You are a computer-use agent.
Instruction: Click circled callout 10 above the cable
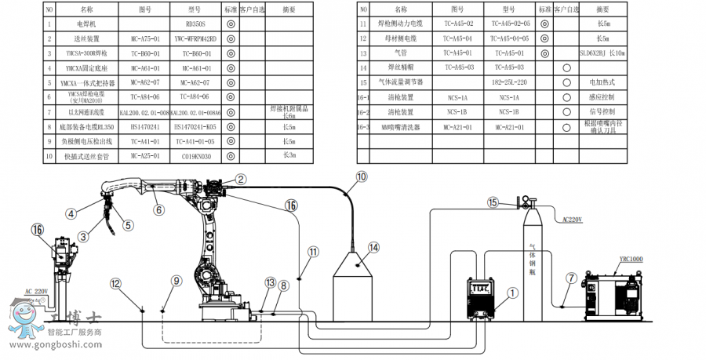361,177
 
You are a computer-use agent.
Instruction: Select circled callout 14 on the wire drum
373,248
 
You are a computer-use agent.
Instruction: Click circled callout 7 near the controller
570,278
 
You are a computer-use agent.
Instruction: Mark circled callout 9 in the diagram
176,280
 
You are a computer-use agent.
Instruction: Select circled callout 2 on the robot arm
240,180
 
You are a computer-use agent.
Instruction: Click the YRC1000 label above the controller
630,259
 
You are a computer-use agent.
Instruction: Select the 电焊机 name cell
86,24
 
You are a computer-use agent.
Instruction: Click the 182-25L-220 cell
510,82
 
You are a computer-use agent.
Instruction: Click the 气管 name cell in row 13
400,53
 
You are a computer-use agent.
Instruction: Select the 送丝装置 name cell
86,38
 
